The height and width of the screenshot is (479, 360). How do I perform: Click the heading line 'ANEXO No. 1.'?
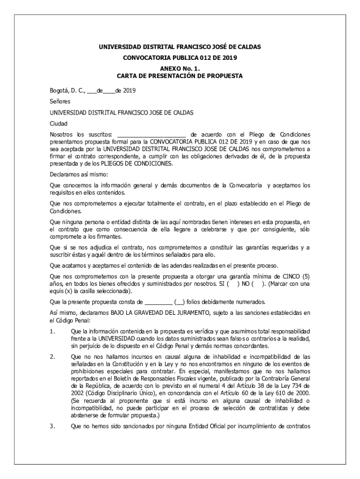pos(180,68)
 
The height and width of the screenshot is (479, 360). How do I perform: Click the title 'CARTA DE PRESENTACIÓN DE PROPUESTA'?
pos(180,75)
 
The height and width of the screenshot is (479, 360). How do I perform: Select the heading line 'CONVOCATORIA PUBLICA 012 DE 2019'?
pos(180,58)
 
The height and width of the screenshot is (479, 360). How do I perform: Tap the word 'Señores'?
pos(60,101)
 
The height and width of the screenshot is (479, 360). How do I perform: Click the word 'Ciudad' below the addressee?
pos(59,123)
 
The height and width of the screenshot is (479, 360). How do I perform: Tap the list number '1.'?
pos(53,332)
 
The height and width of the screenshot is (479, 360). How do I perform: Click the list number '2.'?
pos(53,357)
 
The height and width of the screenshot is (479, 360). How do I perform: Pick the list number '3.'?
pos(53,426)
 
